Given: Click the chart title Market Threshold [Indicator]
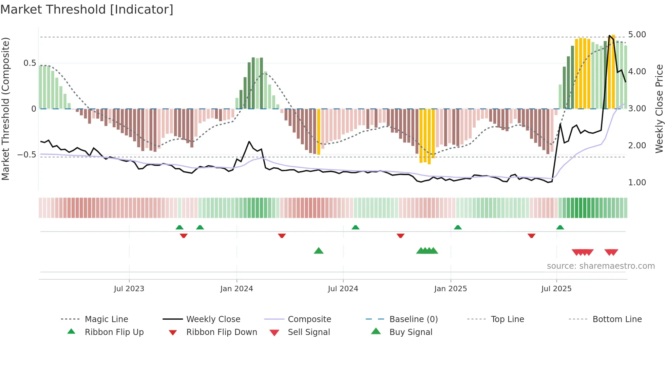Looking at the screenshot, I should [87, 10].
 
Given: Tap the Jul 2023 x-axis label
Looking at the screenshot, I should [129, 289].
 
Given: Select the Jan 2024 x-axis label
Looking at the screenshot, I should [236, 289].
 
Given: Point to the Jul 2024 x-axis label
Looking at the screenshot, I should [343, 289].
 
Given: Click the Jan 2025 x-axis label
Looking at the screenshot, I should [451, 289].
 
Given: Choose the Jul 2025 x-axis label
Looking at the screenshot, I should [556, 289].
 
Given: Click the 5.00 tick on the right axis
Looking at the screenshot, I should [637, 35].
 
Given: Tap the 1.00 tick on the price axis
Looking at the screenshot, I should [637, 183].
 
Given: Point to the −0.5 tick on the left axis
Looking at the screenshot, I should [26, 155].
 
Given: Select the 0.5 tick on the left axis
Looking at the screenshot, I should [30, 63].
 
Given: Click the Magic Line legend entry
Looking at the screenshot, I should [106, 319].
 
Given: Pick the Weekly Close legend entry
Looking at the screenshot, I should [213, 319].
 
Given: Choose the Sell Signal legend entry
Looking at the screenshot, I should [309, 332].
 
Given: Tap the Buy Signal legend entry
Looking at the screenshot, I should [411, 332].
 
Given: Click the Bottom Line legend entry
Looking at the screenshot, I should [617, 319].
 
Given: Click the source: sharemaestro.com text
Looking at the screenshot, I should [601, 266].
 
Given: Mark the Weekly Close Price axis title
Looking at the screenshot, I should [659, 109].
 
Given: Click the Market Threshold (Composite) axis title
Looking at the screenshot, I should [5, 109].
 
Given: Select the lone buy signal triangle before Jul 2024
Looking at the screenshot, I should [319, 251].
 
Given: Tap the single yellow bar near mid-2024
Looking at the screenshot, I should [319, 132].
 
